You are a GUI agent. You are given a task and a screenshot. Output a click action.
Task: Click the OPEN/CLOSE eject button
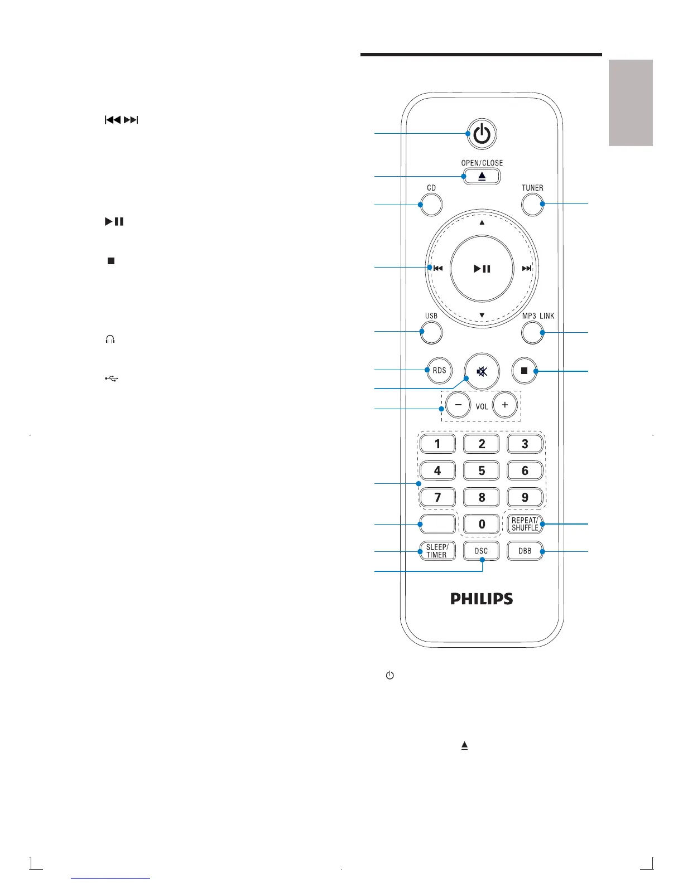coord(482,176)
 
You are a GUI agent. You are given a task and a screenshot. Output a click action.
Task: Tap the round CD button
coord(431,205)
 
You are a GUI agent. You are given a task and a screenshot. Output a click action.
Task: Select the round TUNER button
coord(532,205)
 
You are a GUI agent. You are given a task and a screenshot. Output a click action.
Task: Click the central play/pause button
coord(482,269)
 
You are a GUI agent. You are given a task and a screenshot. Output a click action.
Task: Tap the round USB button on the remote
coord(431,333)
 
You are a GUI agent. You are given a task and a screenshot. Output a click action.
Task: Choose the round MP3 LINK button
coord(532,333)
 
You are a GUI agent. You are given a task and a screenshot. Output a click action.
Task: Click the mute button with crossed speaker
coord(482,371)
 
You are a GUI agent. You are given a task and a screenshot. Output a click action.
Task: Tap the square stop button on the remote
coord(525,371)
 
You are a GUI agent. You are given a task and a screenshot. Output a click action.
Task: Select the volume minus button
coord(458,405)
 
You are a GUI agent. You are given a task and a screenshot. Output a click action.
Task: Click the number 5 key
coord(482,470)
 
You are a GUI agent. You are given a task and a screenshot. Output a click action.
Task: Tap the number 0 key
coord(482,524)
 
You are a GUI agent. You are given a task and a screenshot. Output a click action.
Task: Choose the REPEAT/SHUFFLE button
coord(525,524)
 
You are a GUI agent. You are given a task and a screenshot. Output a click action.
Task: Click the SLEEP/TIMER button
coord(437,551)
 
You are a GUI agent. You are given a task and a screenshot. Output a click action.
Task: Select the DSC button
coord(481,551)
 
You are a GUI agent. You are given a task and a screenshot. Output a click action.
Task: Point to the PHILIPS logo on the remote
coord(482,599)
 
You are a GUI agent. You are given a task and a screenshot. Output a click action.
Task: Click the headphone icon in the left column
coord(110,339)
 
